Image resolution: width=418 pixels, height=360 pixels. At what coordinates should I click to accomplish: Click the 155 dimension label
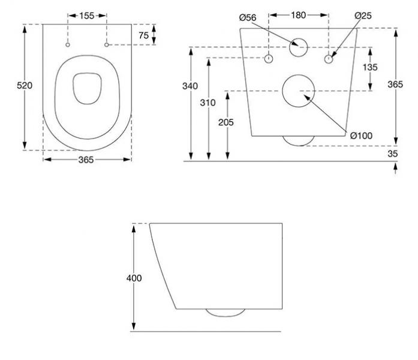click(87, 16)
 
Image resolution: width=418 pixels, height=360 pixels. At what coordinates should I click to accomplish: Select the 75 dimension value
click(143, 35)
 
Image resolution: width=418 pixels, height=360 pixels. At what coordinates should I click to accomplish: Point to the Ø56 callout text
click(247, 18)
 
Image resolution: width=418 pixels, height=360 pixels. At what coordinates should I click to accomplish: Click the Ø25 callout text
click(363, 15)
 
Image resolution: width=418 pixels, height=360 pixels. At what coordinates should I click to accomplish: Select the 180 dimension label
click(298, 15)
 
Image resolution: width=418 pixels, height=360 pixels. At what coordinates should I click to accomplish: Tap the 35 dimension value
click(393, 154)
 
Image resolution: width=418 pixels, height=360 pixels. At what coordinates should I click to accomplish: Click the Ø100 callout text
click(361, 136)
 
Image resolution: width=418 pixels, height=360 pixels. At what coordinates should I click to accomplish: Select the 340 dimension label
click(190, 86)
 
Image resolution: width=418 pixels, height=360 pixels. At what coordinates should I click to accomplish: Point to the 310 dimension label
click(208, 103)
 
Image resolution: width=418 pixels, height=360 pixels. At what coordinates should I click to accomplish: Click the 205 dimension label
click(226, 122)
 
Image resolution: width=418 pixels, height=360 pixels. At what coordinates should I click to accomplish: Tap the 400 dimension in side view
click(134, 278)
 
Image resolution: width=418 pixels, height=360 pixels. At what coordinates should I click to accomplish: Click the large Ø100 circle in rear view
click(298, 91)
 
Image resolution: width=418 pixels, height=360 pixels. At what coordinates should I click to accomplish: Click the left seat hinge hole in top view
click(68, 45)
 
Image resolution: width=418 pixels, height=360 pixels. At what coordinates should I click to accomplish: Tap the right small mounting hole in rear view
click(328, 58)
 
